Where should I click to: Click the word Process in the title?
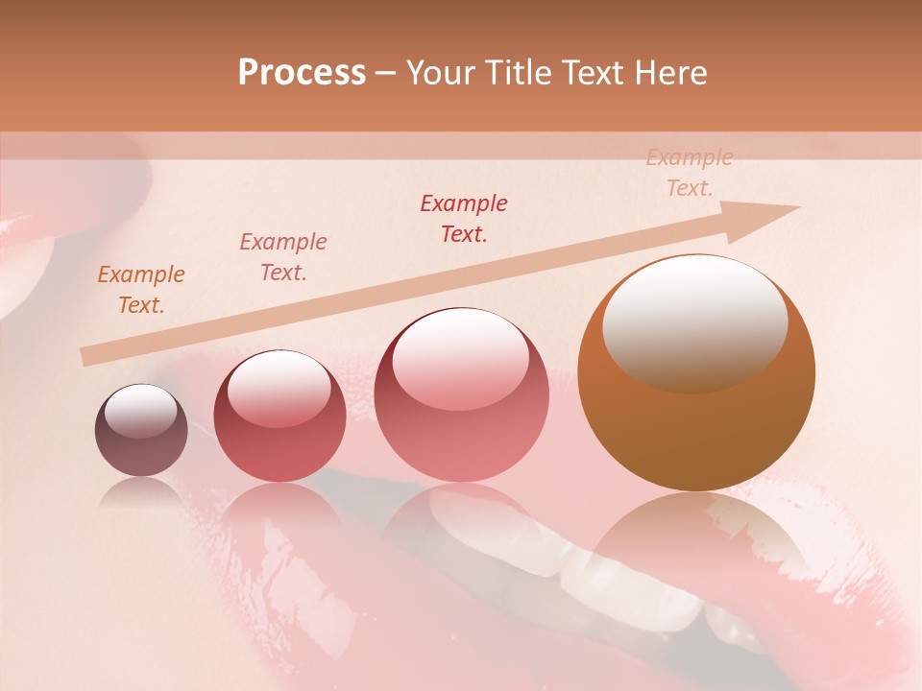coord(302,73)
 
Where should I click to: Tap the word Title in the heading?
coord(518,73)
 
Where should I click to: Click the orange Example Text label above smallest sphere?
coord(141,290)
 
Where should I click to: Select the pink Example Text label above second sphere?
coord(283,257)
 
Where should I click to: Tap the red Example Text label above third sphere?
coord(464,219)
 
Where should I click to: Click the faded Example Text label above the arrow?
coord(690,173)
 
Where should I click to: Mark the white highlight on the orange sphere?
coord(694,322)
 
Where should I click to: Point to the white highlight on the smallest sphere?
coord(140,412)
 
